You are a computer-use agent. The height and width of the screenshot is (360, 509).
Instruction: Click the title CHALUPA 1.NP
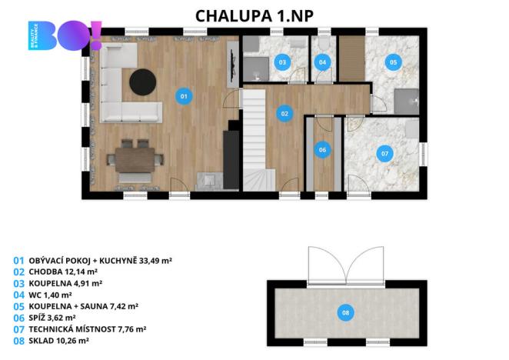click(254, 15)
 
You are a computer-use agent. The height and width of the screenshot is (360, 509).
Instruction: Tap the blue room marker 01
click(183, 96)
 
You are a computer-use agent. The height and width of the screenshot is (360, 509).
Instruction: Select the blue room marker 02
click(284, 113)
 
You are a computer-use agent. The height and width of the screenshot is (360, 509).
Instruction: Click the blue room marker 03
click(282, 62)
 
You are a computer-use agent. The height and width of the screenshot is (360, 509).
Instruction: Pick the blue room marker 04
click(322, 62)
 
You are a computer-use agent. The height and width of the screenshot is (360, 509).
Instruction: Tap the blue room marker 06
click(322, 149)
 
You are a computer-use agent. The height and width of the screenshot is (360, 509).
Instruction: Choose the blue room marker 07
click(384, 154)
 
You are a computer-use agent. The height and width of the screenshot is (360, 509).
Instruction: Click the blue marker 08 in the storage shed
click(345, 312)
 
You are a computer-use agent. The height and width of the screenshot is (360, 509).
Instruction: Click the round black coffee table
click(142, 80)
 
